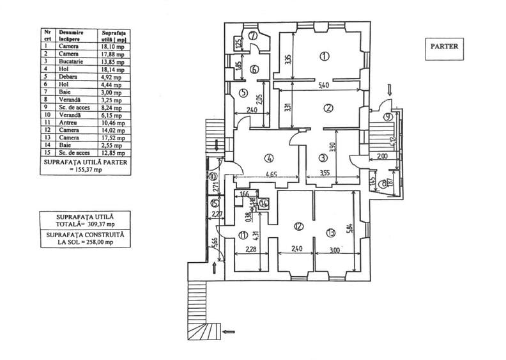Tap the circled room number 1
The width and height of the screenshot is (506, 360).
325,56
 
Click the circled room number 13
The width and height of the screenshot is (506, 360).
330,232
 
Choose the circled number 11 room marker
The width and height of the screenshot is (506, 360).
243,235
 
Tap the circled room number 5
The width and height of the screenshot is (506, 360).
243,93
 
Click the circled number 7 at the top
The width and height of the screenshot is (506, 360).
254,35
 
